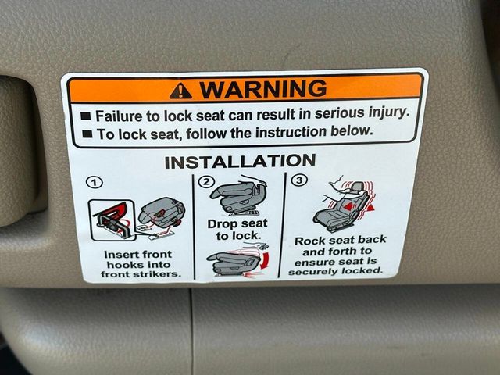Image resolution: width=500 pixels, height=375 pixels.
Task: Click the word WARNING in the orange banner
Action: (263, 88)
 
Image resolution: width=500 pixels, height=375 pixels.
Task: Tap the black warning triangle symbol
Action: (180, 91)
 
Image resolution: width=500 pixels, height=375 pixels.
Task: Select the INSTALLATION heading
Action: (240, 162)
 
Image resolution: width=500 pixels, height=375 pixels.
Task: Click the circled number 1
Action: (95, 183)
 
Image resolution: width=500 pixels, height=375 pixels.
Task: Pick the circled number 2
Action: (206, 182)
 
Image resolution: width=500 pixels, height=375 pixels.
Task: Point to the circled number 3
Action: (299, 180)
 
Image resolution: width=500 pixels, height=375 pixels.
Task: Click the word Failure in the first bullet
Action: (119, 116)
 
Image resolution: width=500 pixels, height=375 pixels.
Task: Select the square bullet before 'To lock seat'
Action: (87, 134)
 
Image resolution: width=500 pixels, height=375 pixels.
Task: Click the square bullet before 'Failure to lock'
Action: (86, 116)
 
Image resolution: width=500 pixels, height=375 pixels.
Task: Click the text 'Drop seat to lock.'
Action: (237, 230)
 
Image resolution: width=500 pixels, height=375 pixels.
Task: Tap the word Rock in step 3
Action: (308, 241)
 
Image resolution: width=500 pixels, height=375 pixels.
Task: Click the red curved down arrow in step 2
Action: (264, 260)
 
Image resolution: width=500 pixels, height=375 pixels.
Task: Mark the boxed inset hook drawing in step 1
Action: (112, 220)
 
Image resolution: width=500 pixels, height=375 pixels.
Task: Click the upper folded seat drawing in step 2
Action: (237, 195)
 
